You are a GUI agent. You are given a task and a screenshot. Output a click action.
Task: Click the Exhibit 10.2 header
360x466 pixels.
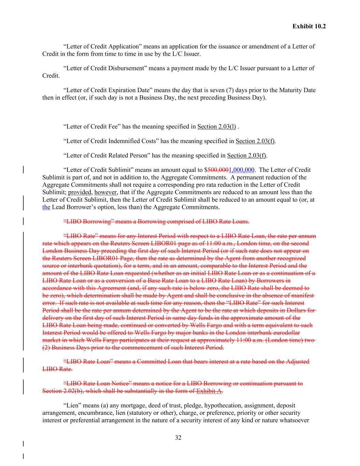pyautogui.click(x=309, y=26)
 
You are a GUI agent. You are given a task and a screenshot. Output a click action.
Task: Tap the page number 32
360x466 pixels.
pyautogui.click(x=178, y=438)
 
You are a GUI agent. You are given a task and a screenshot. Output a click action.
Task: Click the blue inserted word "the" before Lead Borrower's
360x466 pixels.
pyautogui.click(x=46, y=207)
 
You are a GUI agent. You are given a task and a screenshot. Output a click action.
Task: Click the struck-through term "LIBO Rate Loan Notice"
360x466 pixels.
pyautogui.click(x=100, y=383)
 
